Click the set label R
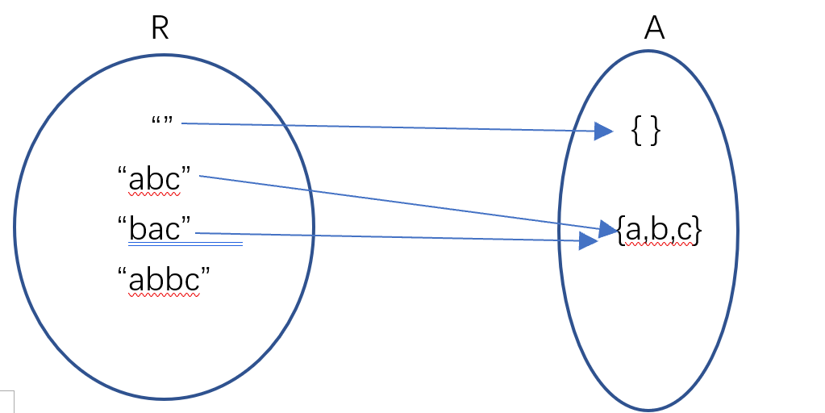tap(160, 29)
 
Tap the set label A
tap(654, 29)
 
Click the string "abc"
tap(159, 180)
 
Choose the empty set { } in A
tap(646, 131)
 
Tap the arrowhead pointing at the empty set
tap(604, 131)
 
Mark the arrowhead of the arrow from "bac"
tap(590, 240)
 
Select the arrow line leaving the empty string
tap(387, 127)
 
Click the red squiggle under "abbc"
tap(164, 295)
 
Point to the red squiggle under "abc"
tap(157, 194)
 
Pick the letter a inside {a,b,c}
tap(633, 232)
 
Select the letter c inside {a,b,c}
tap(684, 232)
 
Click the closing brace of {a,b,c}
tap(698, 232)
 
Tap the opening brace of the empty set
tap(637, 131)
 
